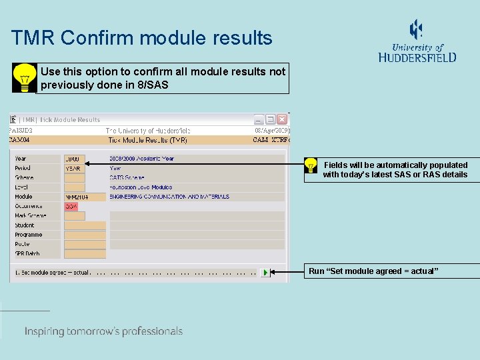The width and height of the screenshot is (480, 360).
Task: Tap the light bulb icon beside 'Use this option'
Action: point(25,78)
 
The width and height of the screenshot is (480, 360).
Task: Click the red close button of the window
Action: point(282,119)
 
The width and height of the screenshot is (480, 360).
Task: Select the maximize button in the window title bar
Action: point(271,119)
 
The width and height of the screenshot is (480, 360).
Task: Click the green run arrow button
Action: point(265,273)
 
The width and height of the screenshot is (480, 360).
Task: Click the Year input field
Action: point(75,159)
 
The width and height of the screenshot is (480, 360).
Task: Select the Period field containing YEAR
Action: point(75,169)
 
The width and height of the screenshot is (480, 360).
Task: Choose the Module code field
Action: point(85,197)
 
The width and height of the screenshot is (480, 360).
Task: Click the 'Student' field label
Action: point(25,225)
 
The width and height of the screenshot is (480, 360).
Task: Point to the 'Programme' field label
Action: point(29,235)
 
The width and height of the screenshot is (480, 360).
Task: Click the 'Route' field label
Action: point(23,244)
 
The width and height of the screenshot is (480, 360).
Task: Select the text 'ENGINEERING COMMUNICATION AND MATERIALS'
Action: point(169,197)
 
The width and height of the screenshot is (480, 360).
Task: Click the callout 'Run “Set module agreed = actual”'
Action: point(373,271)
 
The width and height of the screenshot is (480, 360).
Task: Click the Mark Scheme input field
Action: point(75,216)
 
